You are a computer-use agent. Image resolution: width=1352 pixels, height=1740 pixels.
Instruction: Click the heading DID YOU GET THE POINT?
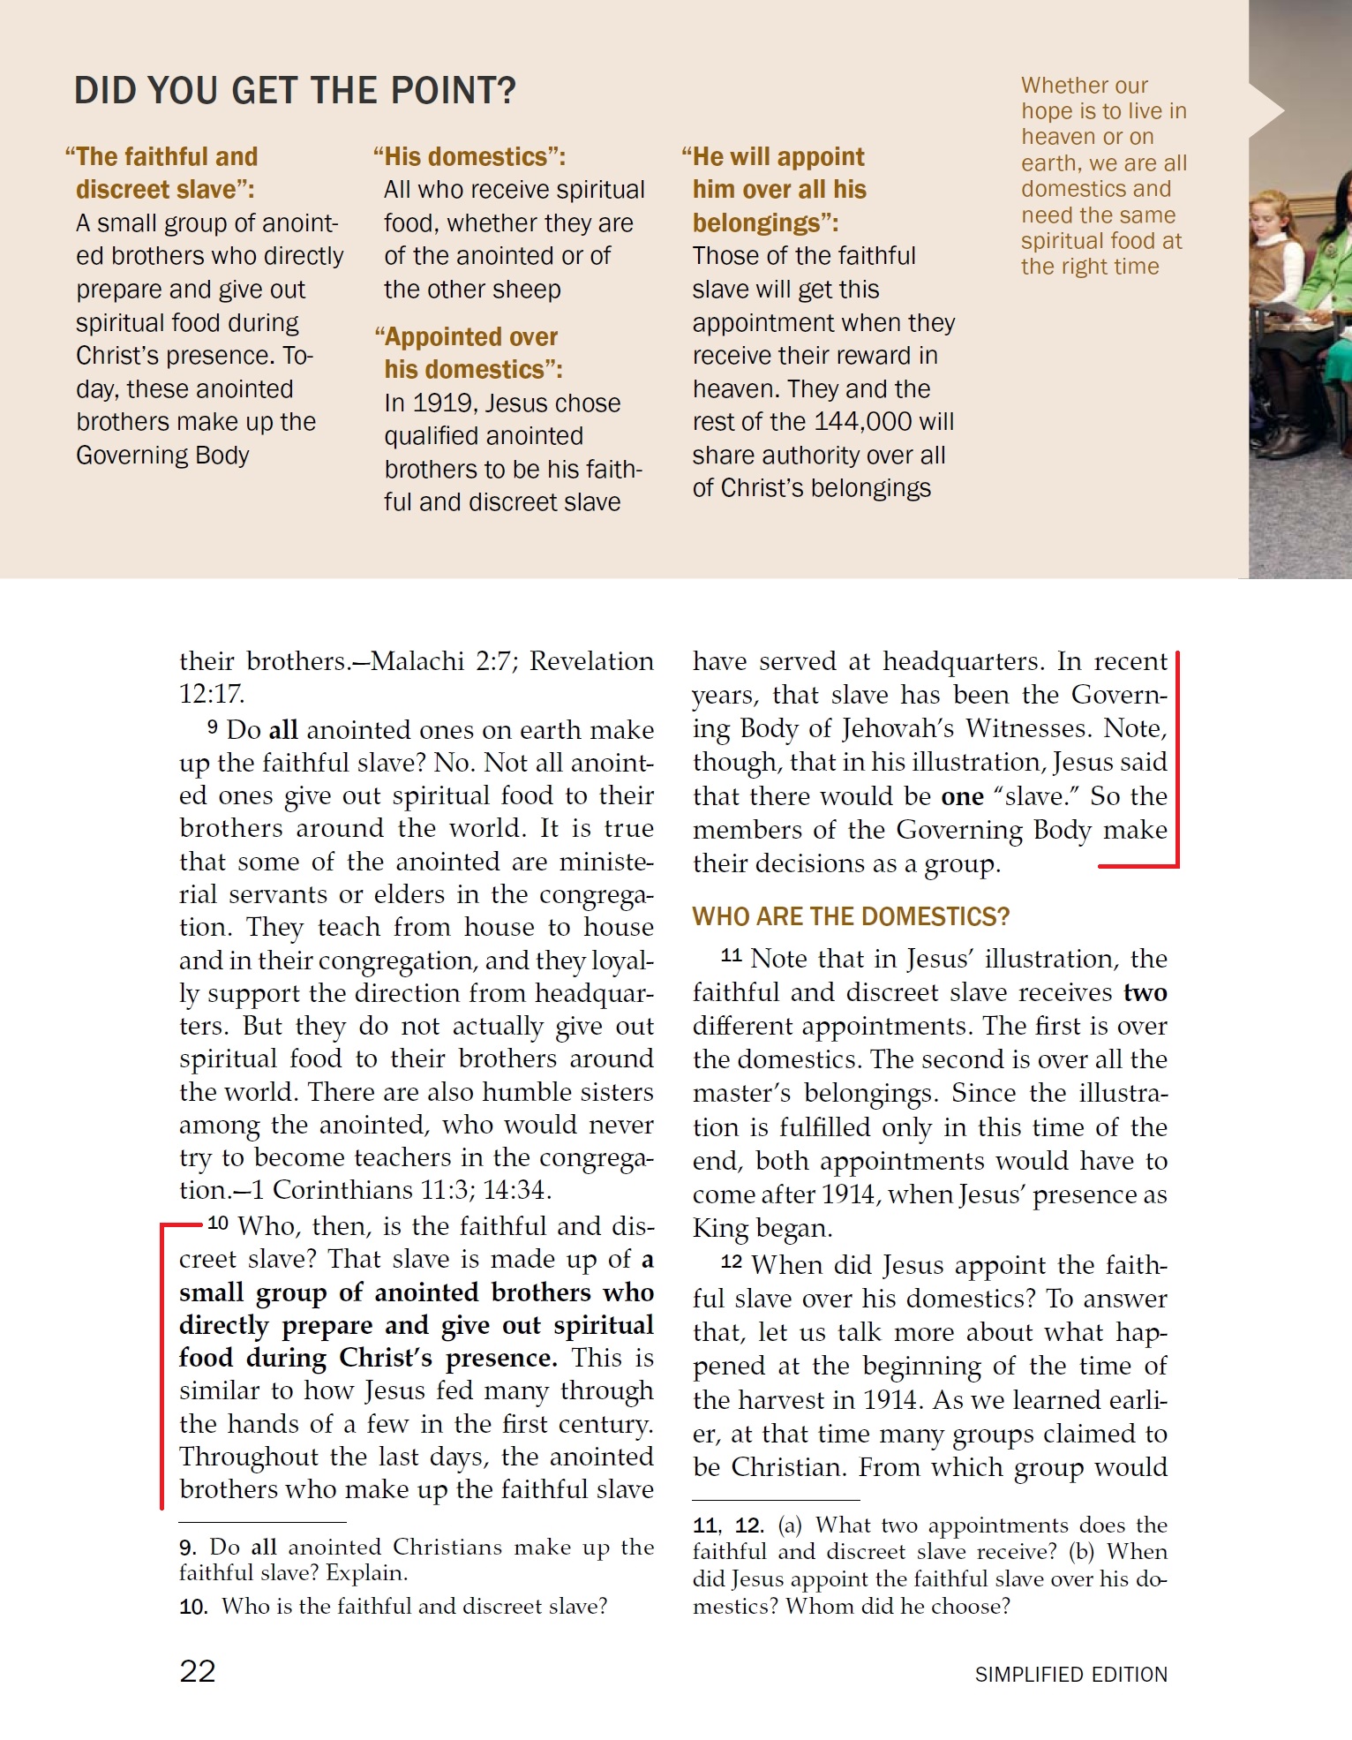[x=295, y=91]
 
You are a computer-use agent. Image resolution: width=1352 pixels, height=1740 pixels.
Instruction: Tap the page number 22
[x=197, y=1671]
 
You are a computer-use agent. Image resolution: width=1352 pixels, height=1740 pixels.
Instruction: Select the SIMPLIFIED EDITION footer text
[x=1070, y=1675]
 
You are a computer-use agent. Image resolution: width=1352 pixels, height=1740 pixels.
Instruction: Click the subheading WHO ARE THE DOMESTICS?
[x=851, y=916]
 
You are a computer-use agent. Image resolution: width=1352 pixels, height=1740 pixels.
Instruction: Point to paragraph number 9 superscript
[x=213, y=727]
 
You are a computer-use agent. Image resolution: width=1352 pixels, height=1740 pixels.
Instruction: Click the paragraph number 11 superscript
[x=732, y=955]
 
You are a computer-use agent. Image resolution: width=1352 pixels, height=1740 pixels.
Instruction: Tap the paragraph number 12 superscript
[x=732, y=1262]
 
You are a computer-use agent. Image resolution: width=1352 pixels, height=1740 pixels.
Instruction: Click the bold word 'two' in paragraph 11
[x=1145, y=992]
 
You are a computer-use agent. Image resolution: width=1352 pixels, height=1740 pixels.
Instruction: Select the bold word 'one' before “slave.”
[x=962, y=796]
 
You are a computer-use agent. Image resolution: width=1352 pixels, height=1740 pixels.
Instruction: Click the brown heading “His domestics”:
[x=469, y=157]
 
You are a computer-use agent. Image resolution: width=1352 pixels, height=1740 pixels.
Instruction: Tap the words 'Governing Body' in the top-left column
[x=162, y=456]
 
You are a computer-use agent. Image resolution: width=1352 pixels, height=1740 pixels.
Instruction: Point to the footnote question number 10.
[x=192, y=1607]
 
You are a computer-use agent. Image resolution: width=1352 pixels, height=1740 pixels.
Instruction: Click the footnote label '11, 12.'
[x=728, y=1525]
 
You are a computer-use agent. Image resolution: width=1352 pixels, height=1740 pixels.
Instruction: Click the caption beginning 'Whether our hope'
[x=1103, y=176]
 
